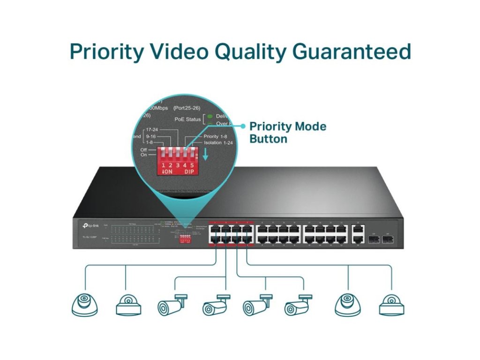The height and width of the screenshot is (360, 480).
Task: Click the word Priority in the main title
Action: (107, 51)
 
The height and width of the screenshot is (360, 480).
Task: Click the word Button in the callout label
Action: (268, 139)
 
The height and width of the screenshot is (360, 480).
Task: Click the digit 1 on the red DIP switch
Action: (163, 165)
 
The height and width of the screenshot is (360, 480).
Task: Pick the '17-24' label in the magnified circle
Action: (151, 129)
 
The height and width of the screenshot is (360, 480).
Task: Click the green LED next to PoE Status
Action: (210, 116)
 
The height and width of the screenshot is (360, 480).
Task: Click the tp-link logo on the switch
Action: (89, 226)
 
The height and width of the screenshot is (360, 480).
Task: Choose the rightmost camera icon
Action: (391, 305)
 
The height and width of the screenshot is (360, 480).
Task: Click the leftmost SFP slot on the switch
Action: (373, 239)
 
